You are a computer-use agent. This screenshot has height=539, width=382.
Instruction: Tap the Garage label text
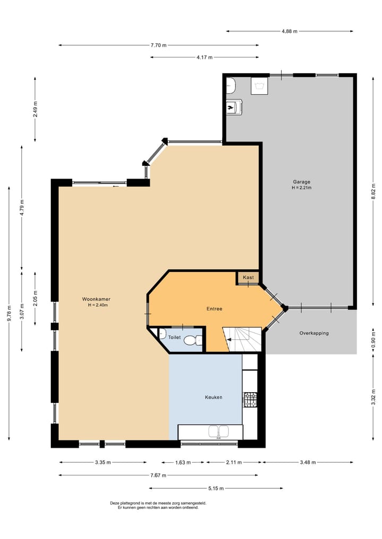point(301,181)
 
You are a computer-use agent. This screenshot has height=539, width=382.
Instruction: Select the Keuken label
point(213,397)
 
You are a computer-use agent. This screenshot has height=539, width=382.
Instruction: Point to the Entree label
point(214,309)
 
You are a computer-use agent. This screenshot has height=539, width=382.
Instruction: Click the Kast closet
point(248,278)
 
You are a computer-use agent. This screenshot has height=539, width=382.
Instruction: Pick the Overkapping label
point(314,333)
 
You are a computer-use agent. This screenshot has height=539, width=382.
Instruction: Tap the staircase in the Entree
point(243,339)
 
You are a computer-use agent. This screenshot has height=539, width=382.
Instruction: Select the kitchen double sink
point(219,431)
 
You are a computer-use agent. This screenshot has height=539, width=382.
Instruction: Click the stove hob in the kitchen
point(250,400)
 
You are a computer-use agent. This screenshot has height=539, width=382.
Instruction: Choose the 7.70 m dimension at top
point(159,45)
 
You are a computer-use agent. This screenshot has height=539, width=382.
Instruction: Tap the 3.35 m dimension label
point(103,462)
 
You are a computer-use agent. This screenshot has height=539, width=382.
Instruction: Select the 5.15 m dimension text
point(216,488)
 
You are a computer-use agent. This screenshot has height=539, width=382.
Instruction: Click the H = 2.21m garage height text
point(301,188)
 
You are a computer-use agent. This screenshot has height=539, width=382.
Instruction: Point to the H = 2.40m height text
point(98,305)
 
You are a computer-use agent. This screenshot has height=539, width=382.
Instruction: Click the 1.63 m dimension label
point(183,462)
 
